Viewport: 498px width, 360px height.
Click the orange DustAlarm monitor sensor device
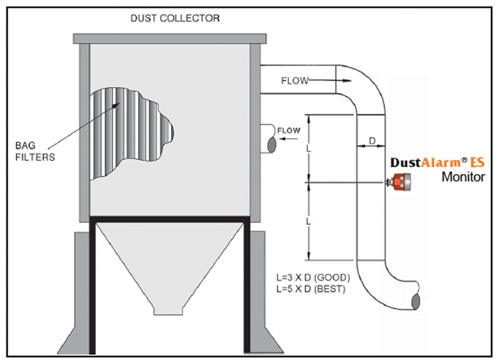coord(404,184)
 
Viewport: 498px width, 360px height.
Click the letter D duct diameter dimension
coord(372,141)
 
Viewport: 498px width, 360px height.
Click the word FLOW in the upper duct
coord(294,81)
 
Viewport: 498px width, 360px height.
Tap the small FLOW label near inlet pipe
coord(289,130)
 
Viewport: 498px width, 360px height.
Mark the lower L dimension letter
coord(309,223)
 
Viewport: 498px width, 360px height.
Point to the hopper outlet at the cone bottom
coord(169,311)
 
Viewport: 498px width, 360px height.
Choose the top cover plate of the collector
coord(169,37)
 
